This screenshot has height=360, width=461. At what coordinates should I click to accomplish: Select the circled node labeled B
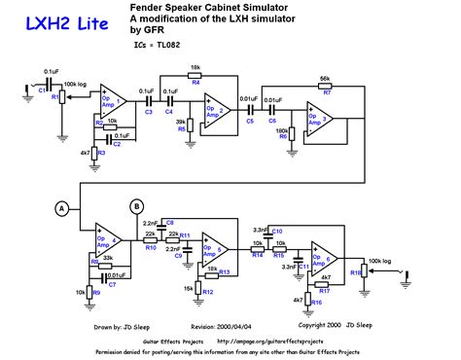coord(136,205)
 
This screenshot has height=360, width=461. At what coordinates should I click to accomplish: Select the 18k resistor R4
coord(195,78)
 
